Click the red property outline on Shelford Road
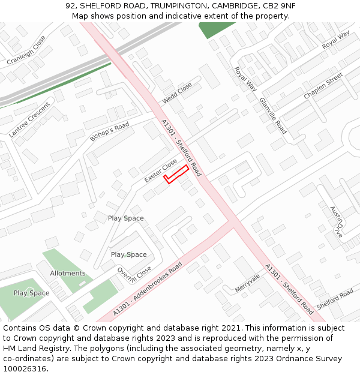click(176, 174)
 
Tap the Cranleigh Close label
click(26, 50)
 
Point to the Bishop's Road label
click(110, 132)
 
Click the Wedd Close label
click(177, 94)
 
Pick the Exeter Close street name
click(160, 171)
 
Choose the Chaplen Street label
click(323, 86)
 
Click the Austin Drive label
click(335, 221)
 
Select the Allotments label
click(68, 273)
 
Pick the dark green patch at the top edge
click(217, 29)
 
